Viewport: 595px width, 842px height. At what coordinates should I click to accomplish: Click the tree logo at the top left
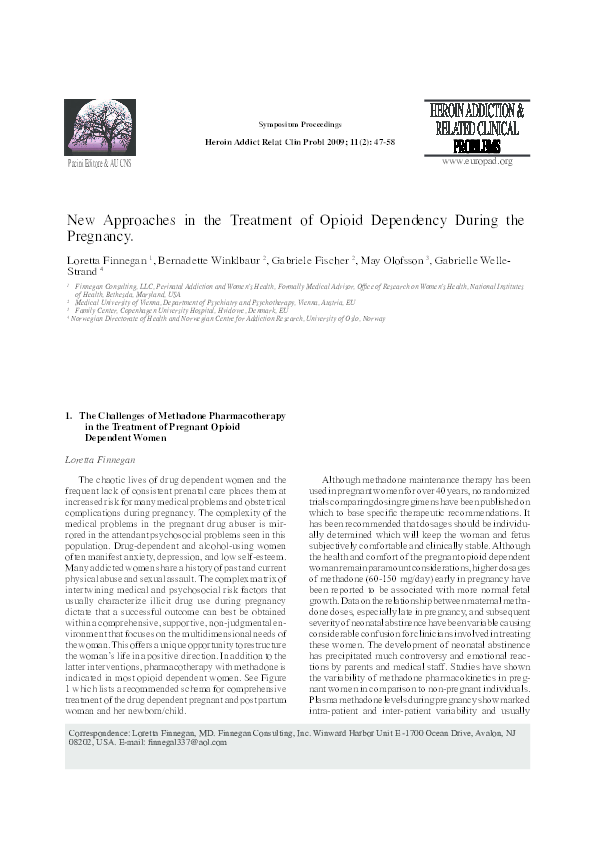pyautogui.click(x=98, y=127)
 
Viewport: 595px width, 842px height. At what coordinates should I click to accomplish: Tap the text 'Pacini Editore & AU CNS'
pyautogui.click(x=99, y=162)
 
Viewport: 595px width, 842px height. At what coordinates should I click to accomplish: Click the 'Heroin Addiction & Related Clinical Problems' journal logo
pyautogui.click(x=478, y=128)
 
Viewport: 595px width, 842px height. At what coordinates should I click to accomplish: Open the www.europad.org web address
pyautogui.click(x=476, y=161)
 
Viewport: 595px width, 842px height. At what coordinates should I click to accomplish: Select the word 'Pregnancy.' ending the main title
pyautogui.click(x=98, y=238)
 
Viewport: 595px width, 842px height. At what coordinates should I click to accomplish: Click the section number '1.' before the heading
pyautogui.click(x=67, y=413)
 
